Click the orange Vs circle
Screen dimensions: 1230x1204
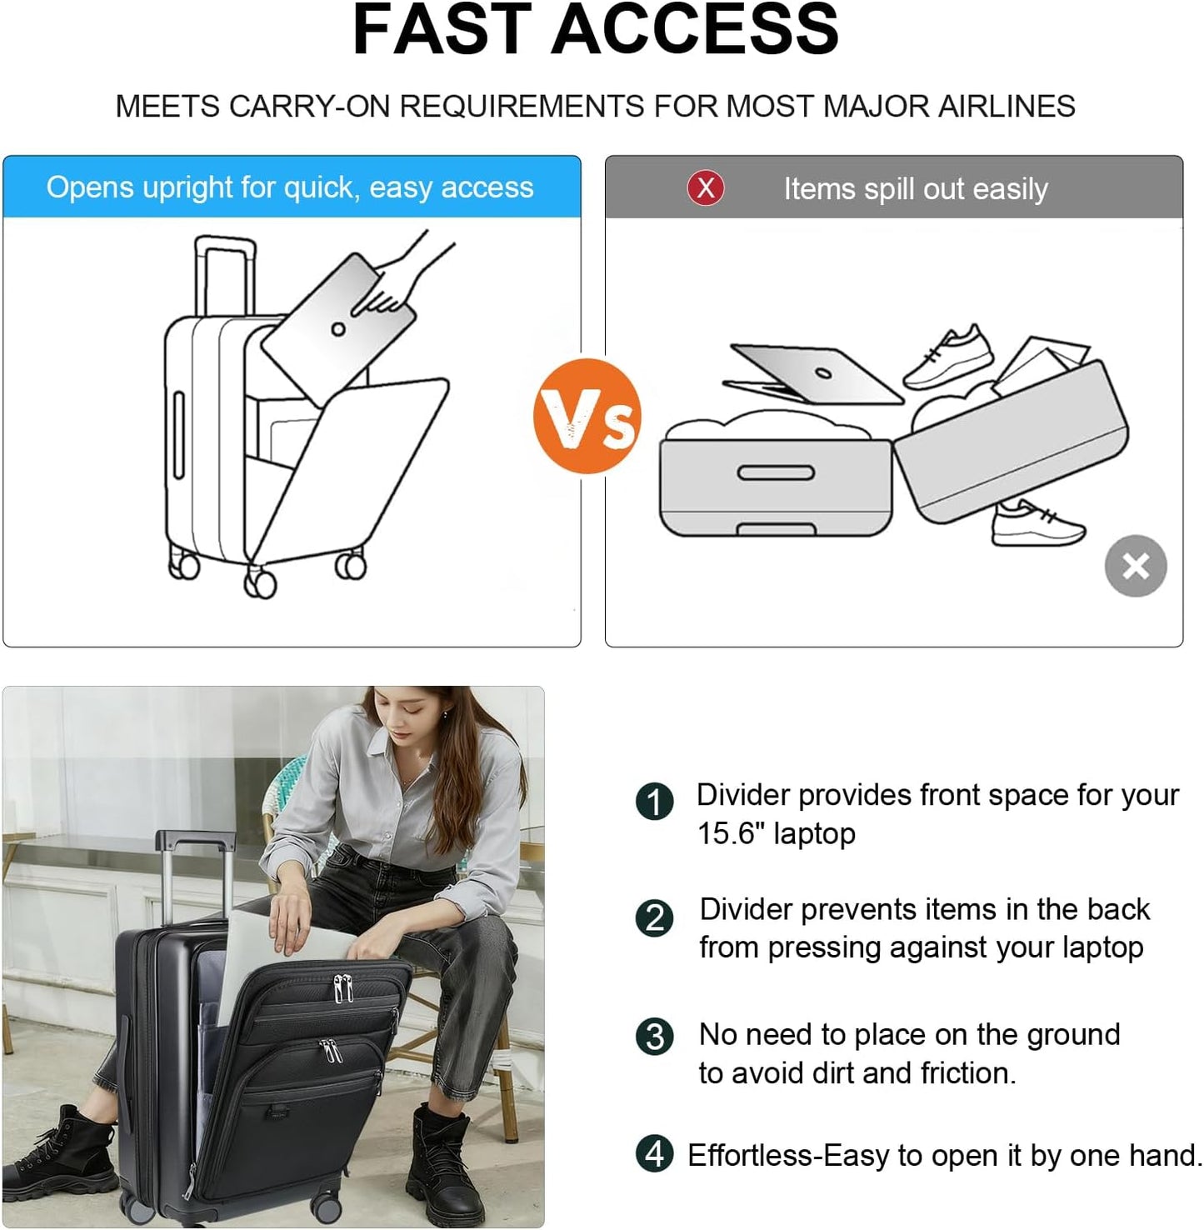(x=587, y=417)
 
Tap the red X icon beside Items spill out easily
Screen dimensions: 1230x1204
(x=706, y=188)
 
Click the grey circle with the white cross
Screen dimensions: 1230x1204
(x=1136, y=567)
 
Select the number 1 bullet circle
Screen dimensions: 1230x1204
(x=654, y=802)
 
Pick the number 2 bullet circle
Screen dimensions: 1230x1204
(x=654, y=918)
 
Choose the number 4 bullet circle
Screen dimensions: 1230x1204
(x=654, y=1155)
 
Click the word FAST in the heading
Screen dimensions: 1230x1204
(x=442, y=30)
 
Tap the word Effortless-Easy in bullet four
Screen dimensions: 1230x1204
(x=788, y=1156)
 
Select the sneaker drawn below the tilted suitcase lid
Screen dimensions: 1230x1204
(x=1037, y=522)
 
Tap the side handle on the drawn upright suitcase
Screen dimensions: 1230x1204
(x=178, y=435)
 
